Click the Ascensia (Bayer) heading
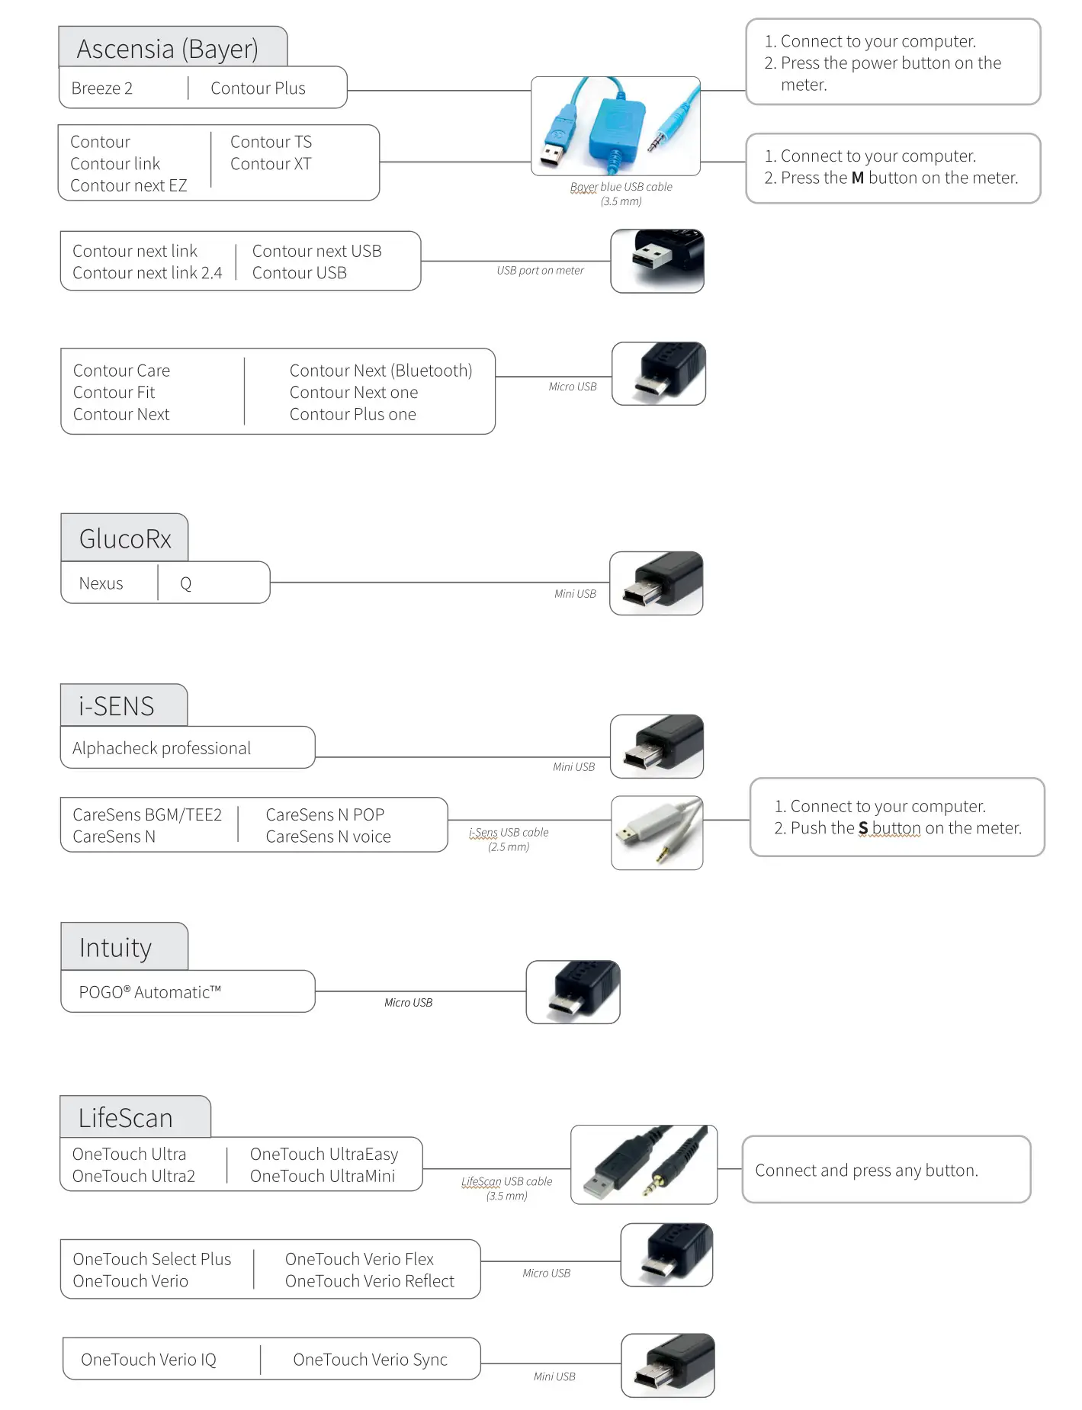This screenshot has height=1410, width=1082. pos(168,49)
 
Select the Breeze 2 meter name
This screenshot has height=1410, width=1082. pos(102,88)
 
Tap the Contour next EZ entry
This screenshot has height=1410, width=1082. pos(128,185)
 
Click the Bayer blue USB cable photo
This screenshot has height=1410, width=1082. pos(615,126)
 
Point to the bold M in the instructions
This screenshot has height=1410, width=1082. pos(858,178)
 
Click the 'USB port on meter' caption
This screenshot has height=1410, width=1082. pos(540,270)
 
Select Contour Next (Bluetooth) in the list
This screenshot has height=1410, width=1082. pos(380,371)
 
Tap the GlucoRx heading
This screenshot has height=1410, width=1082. pos(125,538)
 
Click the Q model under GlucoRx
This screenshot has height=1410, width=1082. pos(185,583)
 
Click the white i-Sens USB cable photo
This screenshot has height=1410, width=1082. pos(657,832)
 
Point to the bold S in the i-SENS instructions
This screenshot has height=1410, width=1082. pos(863,828)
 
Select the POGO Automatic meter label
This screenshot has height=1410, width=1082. pos(150,992)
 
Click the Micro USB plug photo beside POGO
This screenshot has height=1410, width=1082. pos(573,991)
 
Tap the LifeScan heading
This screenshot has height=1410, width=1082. pos(126,1118)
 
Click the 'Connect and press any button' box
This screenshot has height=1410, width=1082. pos(886,1170)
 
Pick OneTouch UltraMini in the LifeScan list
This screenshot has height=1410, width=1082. pos(323,1176)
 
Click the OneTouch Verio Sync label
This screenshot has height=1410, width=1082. pos(370,1359)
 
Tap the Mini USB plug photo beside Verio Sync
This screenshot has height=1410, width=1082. pos(668,1365)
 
